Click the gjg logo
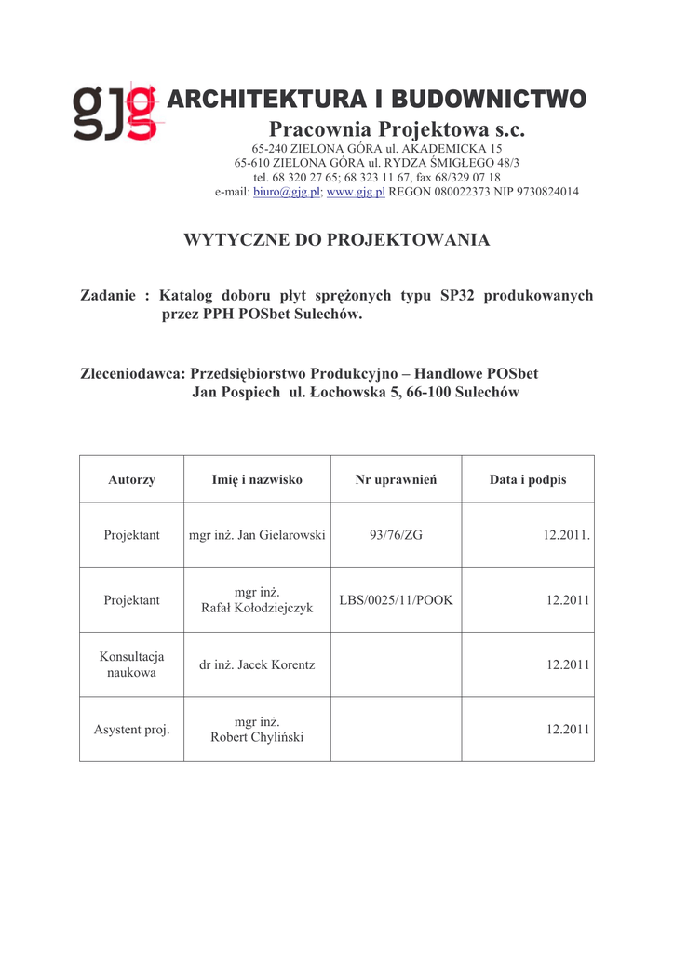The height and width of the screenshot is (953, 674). (115, 113)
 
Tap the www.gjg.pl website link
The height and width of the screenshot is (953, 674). (356, 192)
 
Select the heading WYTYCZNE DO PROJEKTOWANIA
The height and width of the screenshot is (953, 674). (337, 240)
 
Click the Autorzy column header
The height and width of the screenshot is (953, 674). (131, 480)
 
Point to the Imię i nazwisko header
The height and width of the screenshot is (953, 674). (257, 480)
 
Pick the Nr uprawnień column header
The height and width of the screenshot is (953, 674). (396, 480)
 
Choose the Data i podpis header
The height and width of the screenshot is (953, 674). (528, 480)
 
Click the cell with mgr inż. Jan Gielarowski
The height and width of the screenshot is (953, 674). (257, 535)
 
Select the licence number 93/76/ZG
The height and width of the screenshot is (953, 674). (396, 535)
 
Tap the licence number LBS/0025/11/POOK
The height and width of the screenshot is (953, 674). (396, 600)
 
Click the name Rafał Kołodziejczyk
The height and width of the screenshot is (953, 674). (257, 608)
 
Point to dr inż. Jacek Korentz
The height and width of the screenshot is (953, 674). (257, 664)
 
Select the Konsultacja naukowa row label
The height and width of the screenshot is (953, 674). (131, 664)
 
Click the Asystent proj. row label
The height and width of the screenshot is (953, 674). (131, 730)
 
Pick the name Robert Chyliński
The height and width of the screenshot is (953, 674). (257, 737)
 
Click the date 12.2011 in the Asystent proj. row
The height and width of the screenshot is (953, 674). (568, 730)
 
